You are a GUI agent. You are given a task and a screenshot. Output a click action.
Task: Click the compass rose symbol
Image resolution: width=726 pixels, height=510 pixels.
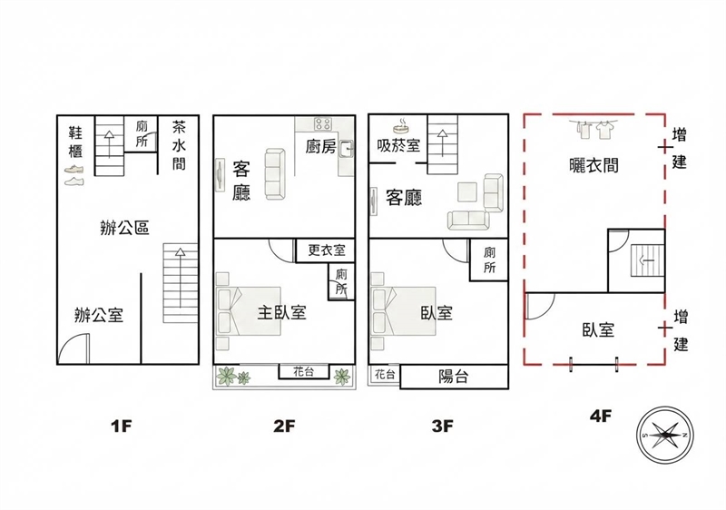(x=665, y=435)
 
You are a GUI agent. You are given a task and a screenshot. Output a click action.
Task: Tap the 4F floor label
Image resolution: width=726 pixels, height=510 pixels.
(x=601, y=416)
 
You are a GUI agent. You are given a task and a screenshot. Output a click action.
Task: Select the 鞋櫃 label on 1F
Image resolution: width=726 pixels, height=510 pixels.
(x=75, y=142)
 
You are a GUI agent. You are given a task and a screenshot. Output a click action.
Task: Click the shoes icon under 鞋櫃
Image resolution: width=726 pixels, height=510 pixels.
(x=74, y=175)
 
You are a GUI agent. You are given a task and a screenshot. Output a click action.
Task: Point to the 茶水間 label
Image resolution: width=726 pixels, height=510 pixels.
(x=179, y=145)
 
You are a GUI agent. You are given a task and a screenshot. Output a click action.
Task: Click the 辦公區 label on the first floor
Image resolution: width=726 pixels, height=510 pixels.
(x=124, y=228)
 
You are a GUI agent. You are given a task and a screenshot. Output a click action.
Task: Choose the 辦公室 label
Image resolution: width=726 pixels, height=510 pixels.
(x=99, y=315)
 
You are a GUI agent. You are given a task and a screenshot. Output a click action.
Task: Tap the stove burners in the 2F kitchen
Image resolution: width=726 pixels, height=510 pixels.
(x=323, y=123)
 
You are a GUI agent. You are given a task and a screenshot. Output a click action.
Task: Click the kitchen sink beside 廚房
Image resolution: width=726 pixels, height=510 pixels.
(x=347, y=149)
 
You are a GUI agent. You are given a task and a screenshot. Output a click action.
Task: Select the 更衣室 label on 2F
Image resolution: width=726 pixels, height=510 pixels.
(x=327, y=250)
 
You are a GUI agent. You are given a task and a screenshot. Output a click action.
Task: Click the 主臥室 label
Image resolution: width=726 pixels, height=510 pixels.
(x=282, y=313)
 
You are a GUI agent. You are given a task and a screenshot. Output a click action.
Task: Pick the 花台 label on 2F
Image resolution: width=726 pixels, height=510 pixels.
(x=303, y=372)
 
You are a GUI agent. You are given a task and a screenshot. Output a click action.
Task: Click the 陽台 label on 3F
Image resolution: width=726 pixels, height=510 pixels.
(x=453, y=377)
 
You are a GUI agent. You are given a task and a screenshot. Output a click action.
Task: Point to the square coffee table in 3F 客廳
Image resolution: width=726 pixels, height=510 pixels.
(x=467, y=192)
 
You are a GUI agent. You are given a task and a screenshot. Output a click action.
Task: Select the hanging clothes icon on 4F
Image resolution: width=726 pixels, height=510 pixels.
(x=594, y=129)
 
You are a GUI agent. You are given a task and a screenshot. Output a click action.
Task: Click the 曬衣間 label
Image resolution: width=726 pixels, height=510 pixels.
(x=594, y=165)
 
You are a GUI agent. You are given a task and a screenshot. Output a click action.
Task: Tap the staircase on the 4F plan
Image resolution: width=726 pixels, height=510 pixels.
(x=648, y=261)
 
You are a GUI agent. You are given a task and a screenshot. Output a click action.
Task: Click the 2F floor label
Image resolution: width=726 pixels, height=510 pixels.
(x=284, y=426)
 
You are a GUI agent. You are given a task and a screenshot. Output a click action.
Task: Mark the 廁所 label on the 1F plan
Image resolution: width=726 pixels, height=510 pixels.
(x=142, y=134)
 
